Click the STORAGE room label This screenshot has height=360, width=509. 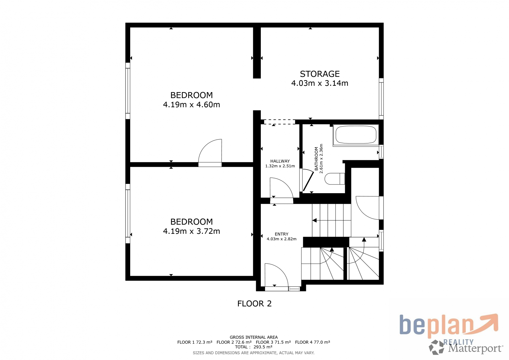[320, 74]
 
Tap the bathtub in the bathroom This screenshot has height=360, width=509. [356, 135]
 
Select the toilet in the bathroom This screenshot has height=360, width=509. [335, 179]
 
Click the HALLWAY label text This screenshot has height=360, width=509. [280, 161]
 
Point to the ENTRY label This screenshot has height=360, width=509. [282, 234]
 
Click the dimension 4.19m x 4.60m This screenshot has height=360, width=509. [191, 105]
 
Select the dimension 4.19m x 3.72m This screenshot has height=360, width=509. [191, 231]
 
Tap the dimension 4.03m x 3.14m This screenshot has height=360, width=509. [320, 83]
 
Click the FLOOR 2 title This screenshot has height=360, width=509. [254, 303]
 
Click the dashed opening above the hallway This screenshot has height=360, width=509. [279, 122]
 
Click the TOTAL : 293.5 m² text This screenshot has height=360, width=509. [254, 347]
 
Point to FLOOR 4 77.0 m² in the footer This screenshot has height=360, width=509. [312, 342]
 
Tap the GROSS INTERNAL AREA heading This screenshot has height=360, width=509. [254, 337]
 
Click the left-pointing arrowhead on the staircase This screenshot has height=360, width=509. [315, 220]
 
